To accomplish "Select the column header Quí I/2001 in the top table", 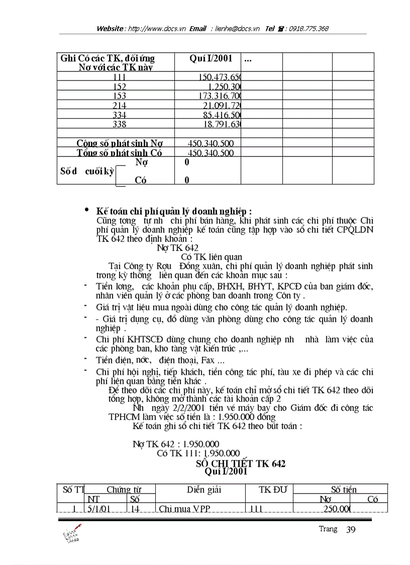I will tap(211, 58).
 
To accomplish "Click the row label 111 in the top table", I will tap(120, 76).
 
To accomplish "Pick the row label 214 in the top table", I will tap(120, 105).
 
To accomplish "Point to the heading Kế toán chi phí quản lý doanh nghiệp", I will tap(174, 211).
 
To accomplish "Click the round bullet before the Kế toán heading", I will tap(87, 210).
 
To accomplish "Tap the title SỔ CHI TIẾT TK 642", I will tap(241, 463).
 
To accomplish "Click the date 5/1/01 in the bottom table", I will tap(98, 509).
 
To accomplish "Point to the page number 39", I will tap(351, 529).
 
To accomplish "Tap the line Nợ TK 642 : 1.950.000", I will tap(176, 444).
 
